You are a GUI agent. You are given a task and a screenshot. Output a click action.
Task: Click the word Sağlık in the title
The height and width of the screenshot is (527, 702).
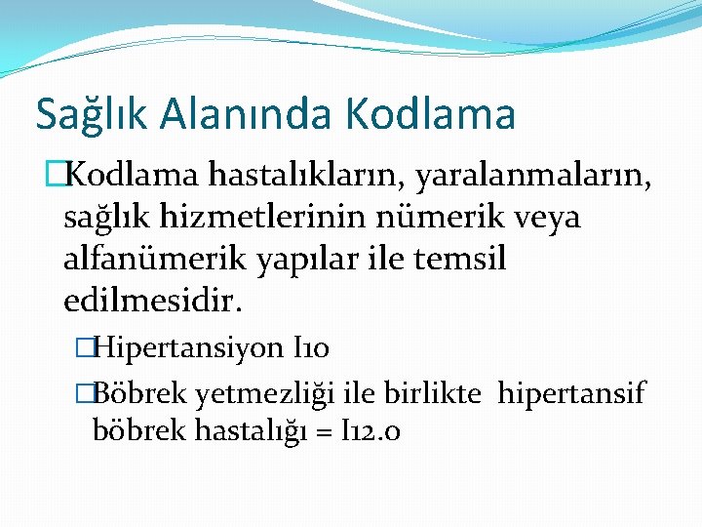tap(82, 113)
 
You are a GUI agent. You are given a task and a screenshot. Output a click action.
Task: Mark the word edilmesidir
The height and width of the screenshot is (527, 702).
tap(152, 302)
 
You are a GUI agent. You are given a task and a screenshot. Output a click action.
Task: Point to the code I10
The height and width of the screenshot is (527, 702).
tap(314, 346)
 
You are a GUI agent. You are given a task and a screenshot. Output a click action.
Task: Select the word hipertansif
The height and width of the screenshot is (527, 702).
tap(572, 395)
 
